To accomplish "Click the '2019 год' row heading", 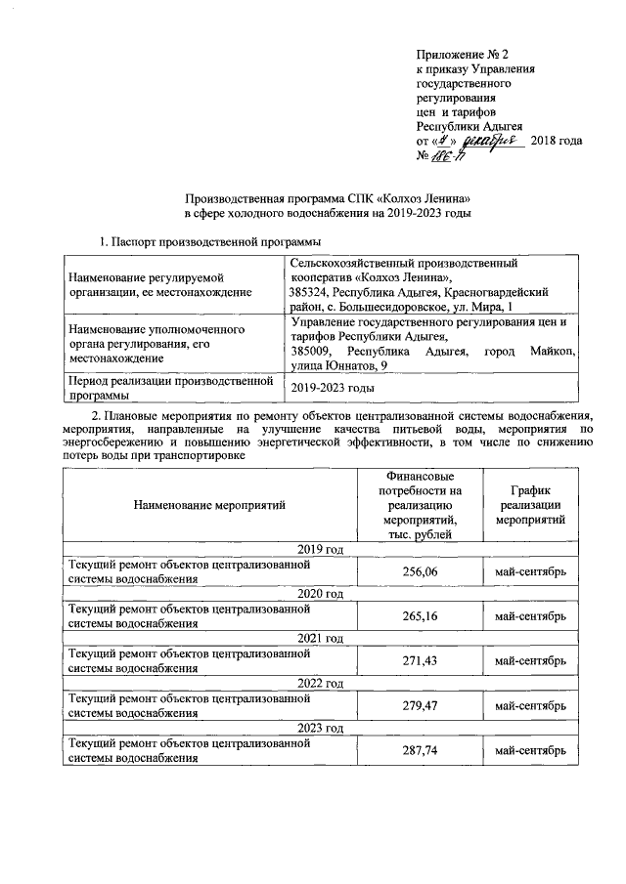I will tap(319, 549).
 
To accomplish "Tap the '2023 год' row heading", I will tap(319, 729).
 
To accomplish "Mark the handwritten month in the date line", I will tap(493, 140).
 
